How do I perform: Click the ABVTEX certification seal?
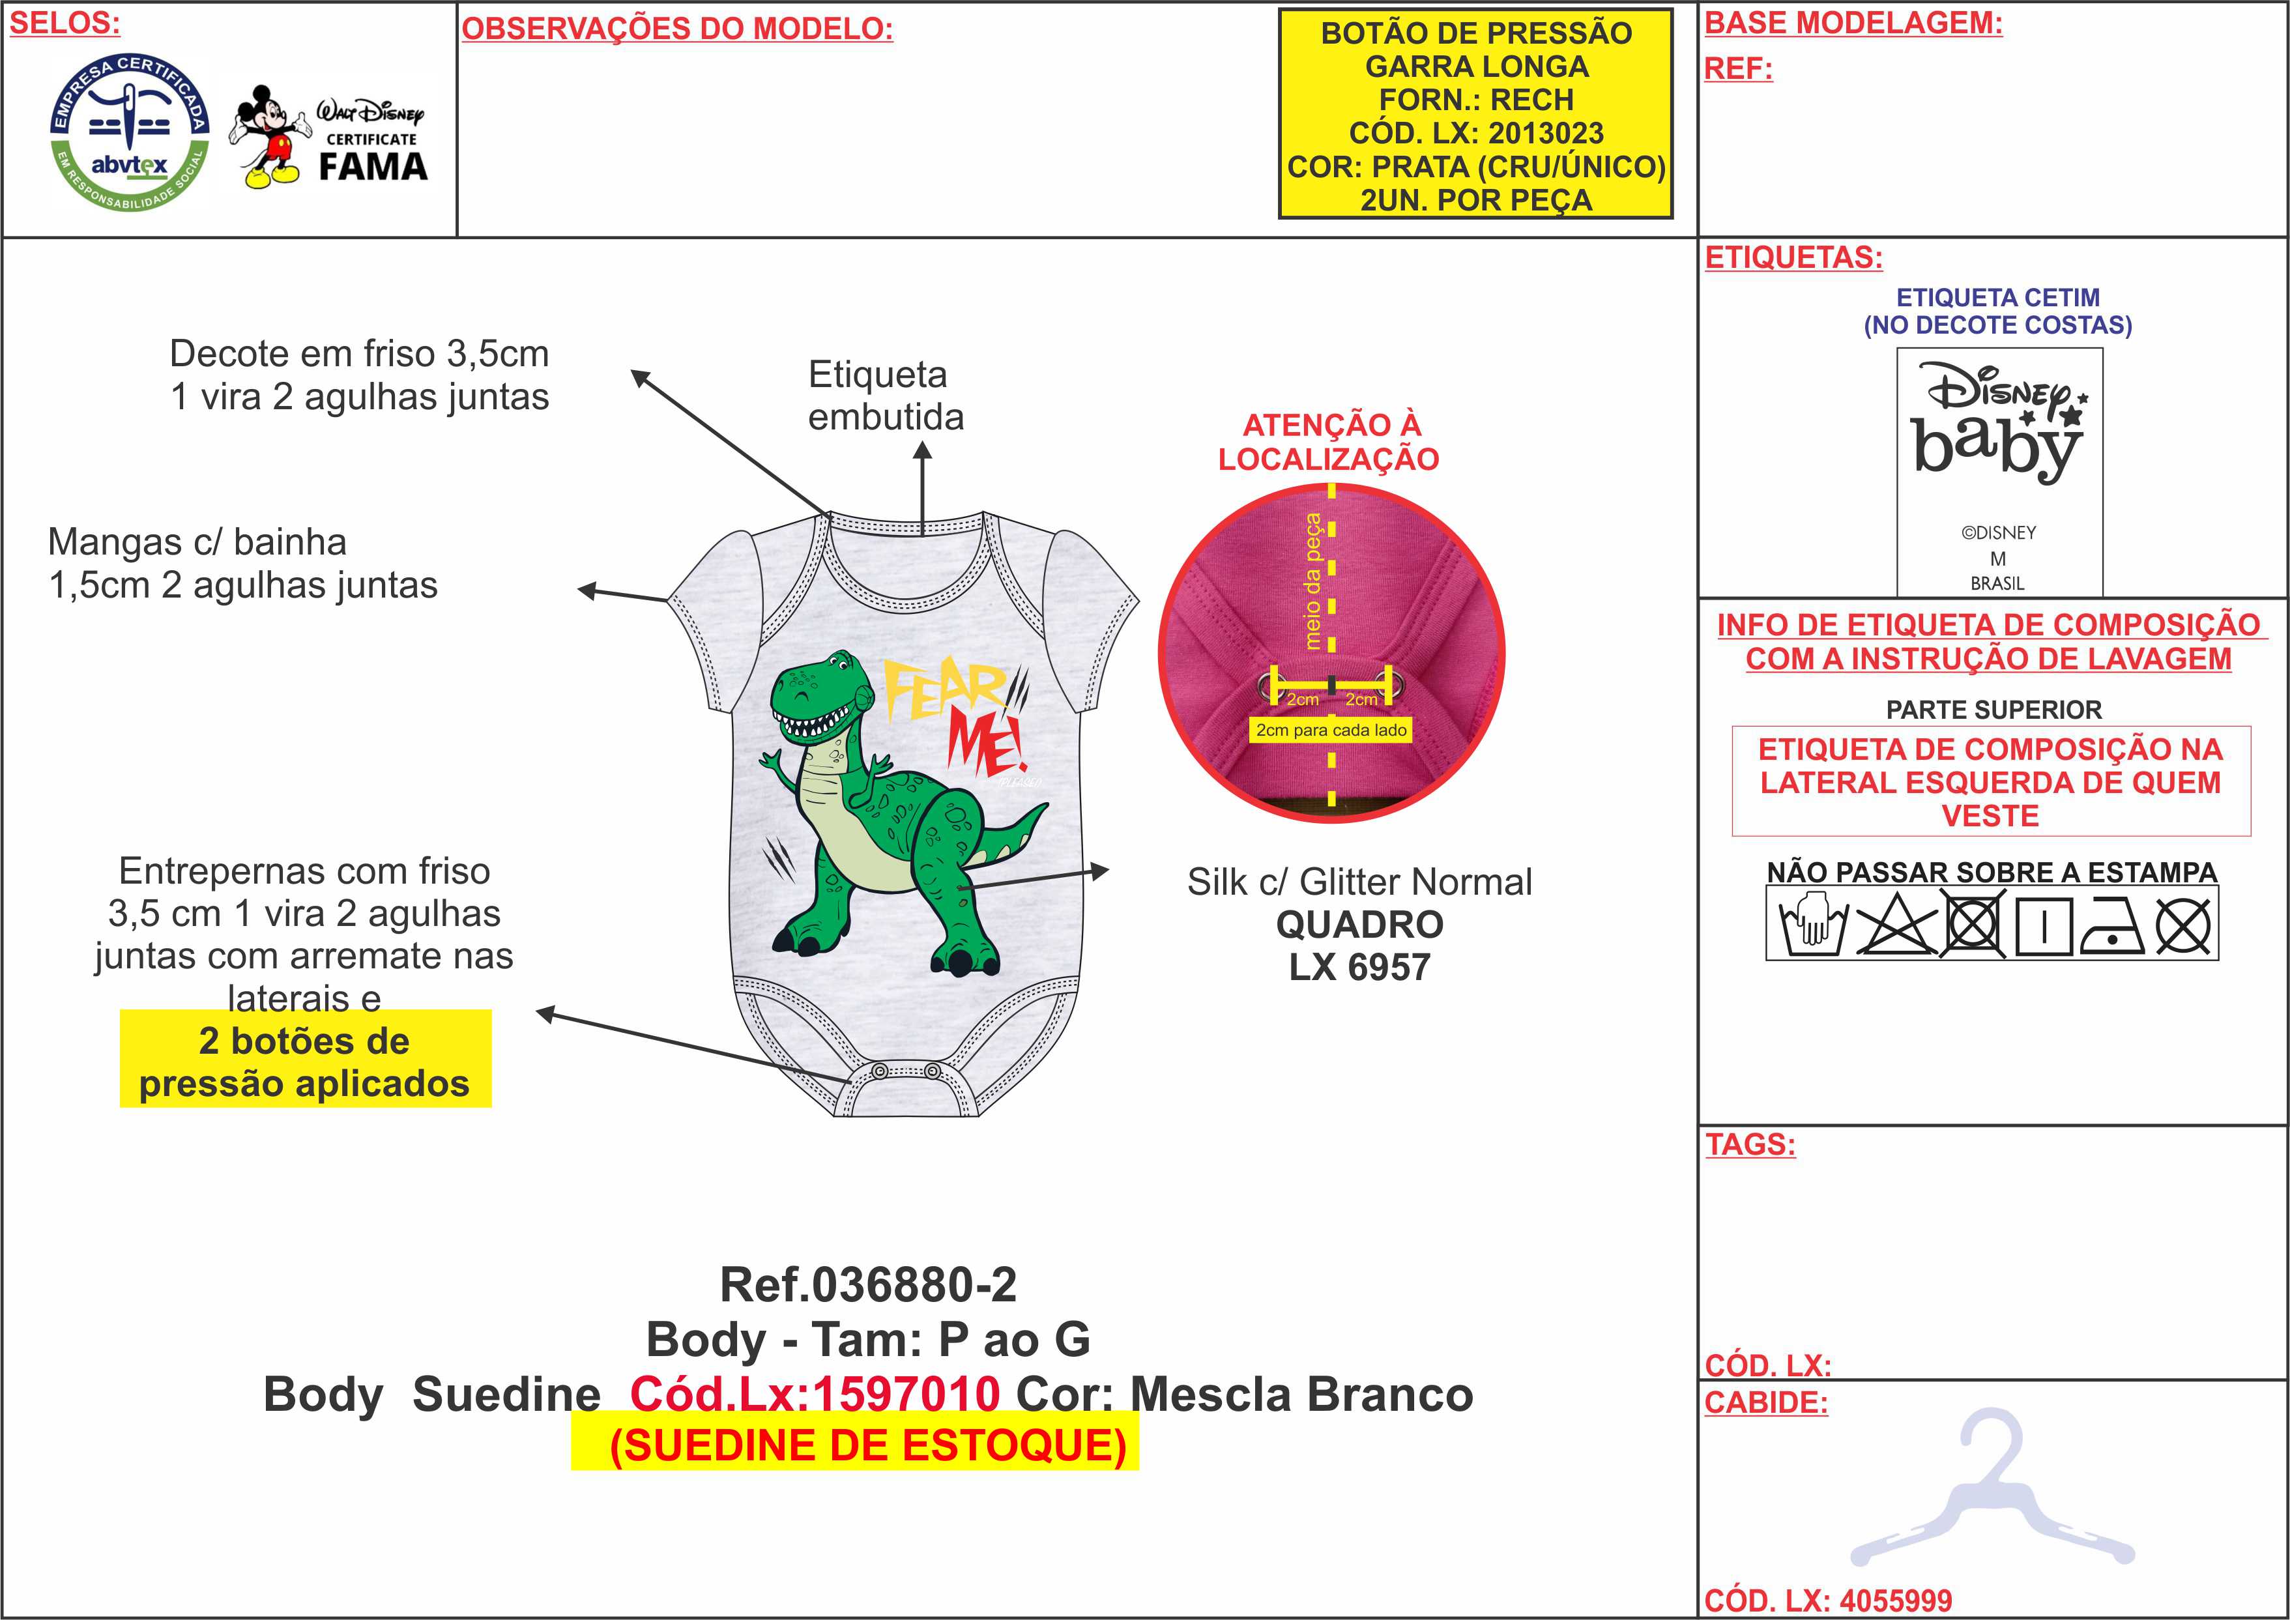[x=130, y=132]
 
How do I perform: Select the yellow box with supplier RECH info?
[x=1476, y=115]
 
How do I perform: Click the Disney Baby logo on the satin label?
[x=1999, y=424]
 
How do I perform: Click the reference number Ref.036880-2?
[x=868, y=1285]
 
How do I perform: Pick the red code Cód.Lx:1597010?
[x=814, y=1394]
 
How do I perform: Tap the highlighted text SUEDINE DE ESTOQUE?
[x=868, y=1445]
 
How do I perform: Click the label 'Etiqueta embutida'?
[x=885, y=396]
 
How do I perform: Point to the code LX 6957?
[x=1359, y=966]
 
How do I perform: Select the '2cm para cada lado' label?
[x=1331, y=730]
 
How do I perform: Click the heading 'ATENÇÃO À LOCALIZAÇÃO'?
[x=1329, y=442]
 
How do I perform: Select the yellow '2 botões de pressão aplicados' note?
[x=304, y=1062]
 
